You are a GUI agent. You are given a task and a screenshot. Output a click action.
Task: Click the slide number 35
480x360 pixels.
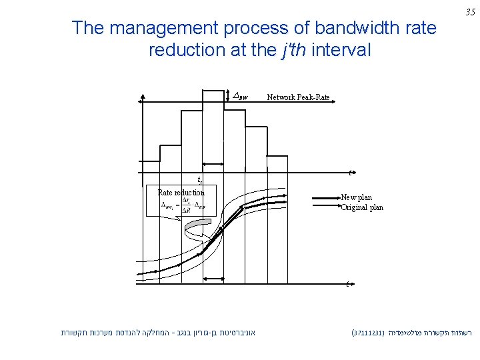469,12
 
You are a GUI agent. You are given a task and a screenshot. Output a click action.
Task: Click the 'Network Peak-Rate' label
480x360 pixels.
298,97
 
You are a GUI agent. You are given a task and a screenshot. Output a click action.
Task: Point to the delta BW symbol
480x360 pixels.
239,97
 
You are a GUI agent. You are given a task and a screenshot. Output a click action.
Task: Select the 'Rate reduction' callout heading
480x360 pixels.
181,193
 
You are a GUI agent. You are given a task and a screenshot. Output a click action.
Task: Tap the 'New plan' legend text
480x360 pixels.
357,198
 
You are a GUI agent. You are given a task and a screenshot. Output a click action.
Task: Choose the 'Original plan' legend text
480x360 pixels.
362,207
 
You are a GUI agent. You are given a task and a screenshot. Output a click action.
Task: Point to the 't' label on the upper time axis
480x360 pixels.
351,173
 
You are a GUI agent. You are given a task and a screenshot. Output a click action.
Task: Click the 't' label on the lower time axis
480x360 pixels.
348,285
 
